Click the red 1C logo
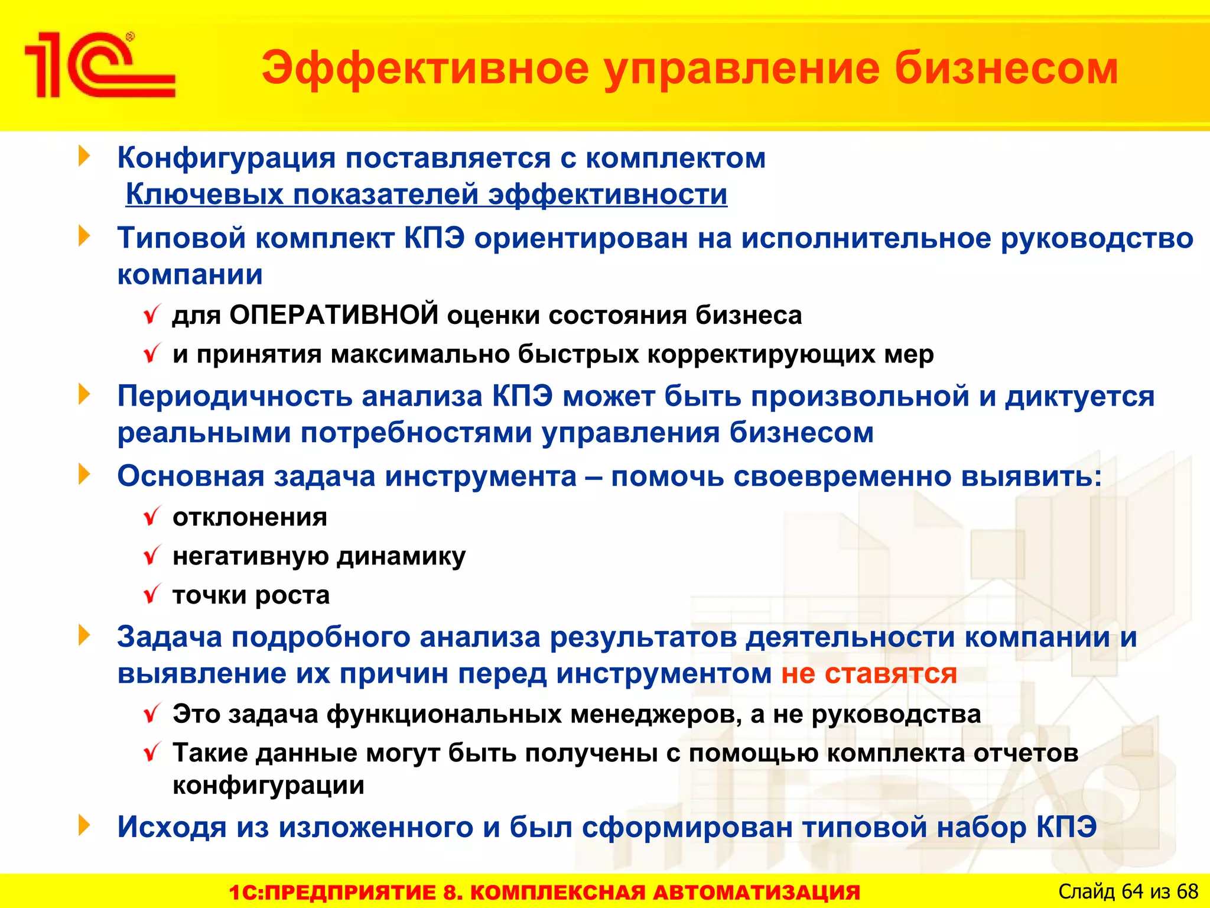(99, 65)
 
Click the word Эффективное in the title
(425, 69)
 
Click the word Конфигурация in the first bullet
(226, 158)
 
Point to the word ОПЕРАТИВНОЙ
(334, 314)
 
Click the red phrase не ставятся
(869, 673)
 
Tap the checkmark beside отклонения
(152, 517)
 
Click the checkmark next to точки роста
(152, 594)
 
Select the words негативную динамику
(319, 556)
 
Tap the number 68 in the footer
(1187, 891)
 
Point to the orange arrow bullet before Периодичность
(85, 394)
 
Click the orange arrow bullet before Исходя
(85, 825)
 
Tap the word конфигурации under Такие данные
(268, 785)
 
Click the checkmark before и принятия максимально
(152, 354)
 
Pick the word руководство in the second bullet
(1097, 238)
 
